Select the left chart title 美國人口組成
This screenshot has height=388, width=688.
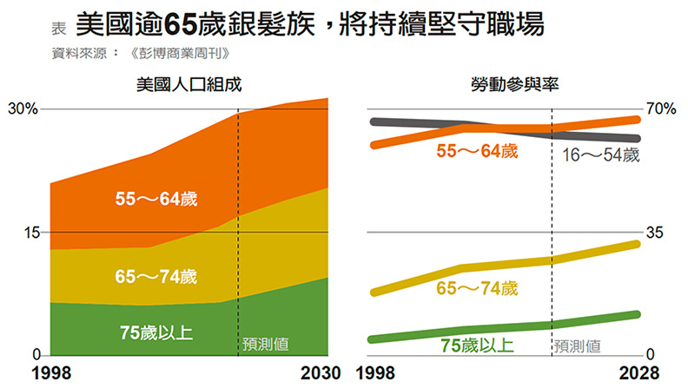tap(189, 84)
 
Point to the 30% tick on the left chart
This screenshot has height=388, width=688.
tap(23, 109)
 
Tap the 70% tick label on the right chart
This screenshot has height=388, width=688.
tap(660, 109)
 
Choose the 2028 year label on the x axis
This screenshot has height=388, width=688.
tap(646, 373)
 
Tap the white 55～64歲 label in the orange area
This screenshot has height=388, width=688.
tap(156, 199)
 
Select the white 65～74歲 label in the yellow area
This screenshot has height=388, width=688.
tap(156, 277)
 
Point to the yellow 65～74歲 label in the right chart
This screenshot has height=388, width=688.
tap(477, 288)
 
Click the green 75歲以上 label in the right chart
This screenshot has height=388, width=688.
tap(477, 345)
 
